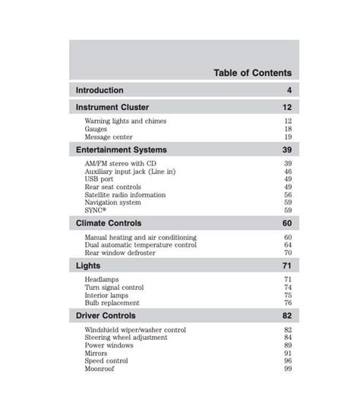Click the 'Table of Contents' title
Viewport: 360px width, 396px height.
click(252, 73)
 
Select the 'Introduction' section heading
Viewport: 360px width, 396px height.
click(99, 90)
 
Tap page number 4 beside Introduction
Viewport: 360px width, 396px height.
click(289, 90)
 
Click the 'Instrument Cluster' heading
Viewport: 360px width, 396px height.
click(112, 108)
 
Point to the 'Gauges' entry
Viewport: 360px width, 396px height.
click(97, 129)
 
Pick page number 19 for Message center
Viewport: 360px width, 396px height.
click(288, 137)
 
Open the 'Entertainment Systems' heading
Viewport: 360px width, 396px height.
click(122, 150)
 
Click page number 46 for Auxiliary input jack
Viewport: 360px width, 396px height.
click(288, 171)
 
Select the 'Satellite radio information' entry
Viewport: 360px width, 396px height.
click(125, 195)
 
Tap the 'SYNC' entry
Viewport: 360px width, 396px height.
click(96, 211)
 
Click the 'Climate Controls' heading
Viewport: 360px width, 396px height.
click(109, 224)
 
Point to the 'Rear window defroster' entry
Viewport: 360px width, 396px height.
click(121, 253)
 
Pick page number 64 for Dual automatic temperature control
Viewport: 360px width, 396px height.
click(288, 245)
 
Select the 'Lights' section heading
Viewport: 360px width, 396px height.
click(88, 266)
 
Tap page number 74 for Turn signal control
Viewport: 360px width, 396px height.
click(288, 288)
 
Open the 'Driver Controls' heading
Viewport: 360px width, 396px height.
click(106, 316)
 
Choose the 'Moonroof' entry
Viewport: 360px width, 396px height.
click(101, 369)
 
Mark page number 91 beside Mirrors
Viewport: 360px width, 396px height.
click(288, 353)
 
